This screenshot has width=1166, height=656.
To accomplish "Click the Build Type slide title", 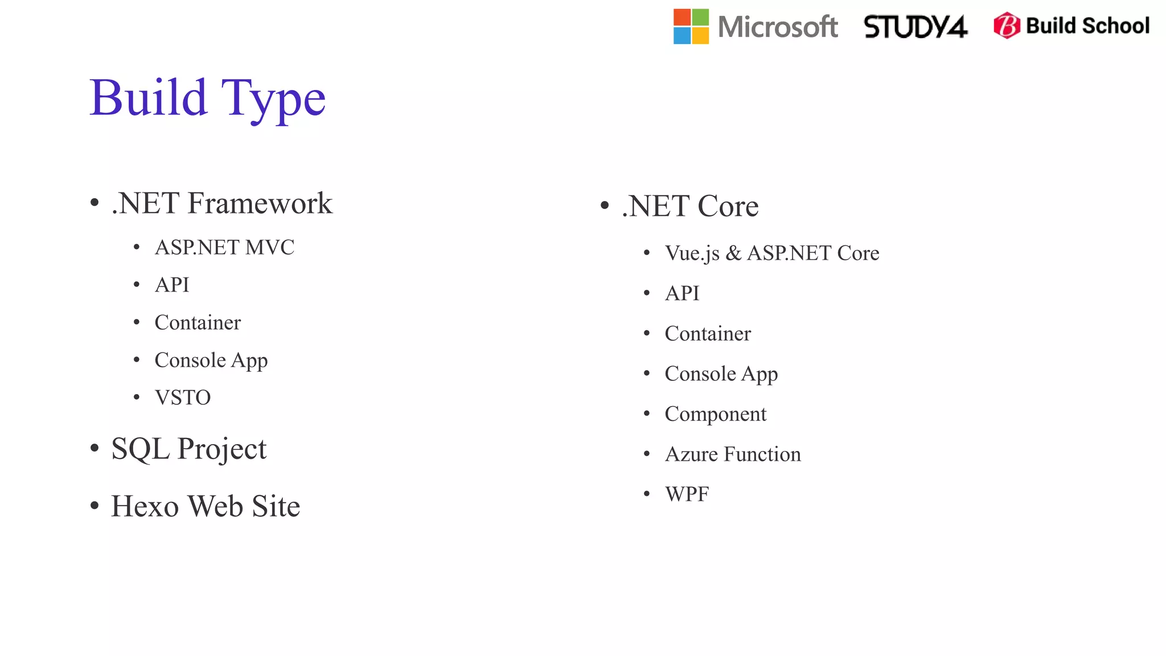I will point(208,98).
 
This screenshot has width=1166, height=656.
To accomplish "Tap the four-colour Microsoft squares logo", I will point(691,26).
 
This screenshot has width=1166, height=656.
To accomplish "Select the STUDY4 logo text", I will point(915,27).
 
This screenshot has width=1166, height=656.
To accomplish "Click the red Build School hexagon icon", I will point(1006,26).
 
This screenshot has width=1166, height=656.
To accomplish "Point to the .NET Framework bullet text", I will point(221,203).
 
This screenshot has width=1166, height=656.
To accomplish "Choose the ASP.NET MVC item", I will point(224,248).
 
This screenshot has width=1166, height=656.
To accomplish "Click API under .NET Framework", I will point(172,285).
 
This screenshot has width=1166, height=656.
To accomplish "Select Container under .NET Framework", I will point(198,323).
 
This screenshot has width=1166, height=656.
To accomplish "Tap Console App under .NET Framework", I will point(211,360).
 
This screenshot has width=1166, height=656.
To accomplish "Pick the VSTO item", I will point(182,397).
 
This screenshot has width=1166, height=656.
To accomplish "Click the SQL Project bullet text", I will point(188,449).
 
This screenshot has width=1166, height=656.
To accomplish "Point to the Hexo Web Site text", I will point(205,506).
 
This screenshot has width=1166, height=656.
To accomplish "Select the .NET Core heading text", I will point(690,206).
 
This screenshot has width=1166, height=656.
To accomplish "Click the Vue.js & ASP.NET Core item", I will point(771,253).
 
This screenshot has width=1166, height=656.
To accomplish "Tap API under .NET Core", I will point(682,293).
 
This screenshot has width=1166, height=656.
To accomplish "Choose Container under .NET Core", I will point(708,334).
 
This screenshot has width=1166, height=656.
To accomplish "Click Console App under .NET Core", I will point(721,374).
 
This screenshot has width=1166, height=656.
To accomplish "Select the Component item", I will point(715,414).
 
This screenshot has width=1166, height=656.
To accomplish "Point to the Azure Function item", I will point(733,454).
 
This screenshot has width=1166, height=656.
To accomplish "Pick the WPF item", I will point(687,494).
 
